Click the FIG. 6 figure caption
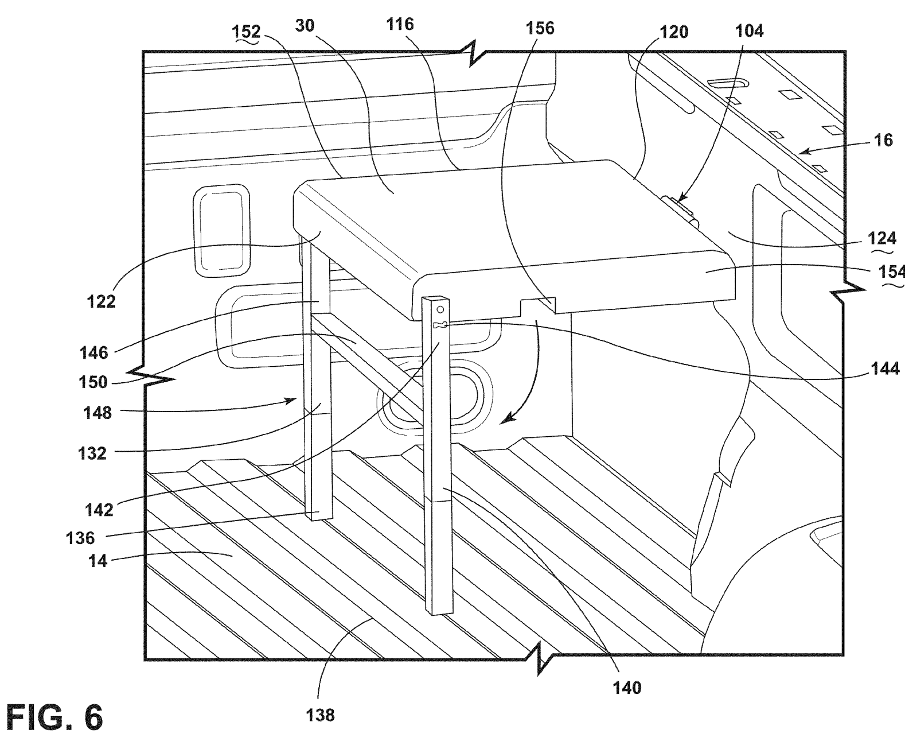coord(54,717)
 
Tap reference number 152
coord(246,32)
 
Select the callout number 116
coord(400,25)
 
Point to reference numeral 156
coord(540,28)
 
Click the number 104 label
coord(749,31)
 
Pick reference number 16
coord(883,141)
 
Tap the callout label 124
coord(882,238)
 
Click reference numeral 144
coord(885,368)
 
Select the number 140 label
coord(627,688)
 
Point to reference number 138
coord(320,715)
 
